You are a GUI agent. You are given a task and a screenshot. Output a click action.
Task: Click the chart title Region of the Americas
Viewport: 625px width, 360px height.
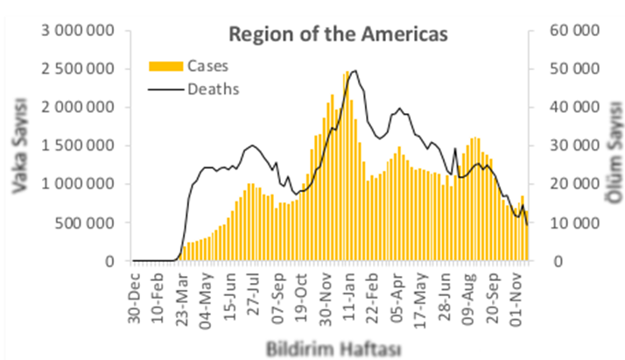click(x=338, y=34)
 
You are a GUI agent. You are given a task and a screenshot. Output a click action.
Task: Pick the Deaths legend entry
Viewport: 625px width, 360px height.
click(x=214, y=88)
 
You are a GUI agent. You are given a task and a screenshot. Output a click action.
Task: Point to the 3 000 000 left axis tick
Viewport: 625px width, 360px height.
click(x=78, y=31)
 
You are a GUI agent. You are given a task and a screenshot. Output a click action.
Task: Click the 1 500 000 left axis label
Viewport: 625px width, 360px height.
click(x=78, y=145)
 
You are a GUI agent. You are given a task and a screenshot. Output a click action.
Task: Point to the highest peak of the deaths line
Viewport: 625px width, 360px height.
click(x=353, y=71)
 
